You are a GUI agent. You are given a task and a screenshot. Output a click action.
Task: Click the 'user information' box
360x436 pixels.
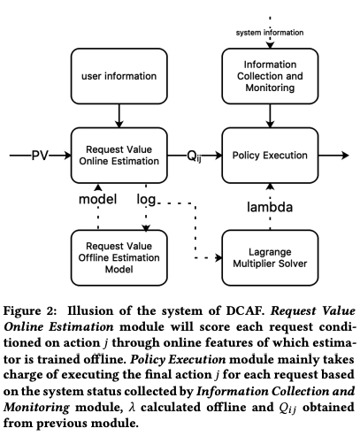click(119, 76)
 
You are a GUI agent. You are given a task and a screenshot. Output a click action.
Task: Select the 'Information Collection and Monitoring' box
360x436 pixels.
click(270, 76)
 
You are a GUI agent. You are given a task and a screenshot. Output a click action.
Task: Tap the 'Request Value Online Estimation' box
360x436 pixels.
click(119, 156)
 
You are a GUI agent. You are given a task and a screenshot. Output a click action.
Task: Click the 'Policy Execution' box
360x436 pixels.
click(270, 156)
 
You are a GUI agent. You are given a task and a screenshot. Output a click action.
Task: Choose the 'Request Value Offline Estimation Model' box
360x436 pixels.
click(119, 257)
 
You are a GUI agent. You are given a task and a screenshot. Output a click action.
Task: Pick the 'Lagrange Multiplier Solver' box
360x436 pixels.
click(270, 257)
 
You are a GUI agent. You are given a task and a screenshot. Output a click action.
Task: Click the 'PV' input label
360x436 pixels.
click(40, 156)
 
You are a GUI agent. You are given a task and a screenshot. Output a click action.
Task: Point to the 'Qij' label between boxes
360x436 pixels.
click(195, 157)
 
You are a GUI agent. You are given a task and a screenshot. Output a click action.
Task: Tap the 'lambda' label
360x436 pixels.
click(270, 207)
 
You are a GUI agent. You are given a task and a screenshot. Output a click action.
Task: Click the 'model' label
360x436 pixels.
click(98, 199)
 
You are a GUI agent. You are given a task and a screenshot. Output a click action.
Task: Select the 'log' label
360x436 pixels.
click(146, 200)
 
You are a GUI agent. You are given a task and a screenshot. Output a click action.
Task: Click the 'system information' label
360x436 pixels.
click(270, 33)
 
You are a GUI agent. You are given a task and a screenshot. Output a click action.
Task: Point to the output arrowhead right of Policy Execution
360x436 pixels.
click(345, 156)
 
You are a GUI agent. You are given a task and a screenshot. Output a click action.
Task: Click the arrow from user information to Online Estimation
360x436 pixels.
click(119, 116)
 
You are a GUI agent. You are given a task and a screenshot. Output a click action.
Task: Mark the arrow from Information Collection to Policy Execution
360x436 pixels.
click(270, 116)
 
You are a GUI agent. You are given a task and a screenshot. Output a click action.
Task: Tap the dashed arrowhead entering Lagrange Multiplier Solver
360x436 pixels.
click(218, 257)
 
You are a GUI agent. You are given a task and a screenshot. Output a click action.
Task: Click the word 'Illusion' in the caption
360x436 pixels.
click(90, 311)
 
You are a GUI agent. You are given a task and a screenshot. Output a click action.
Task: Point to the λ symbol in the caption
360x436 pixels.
click(132, 408)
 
